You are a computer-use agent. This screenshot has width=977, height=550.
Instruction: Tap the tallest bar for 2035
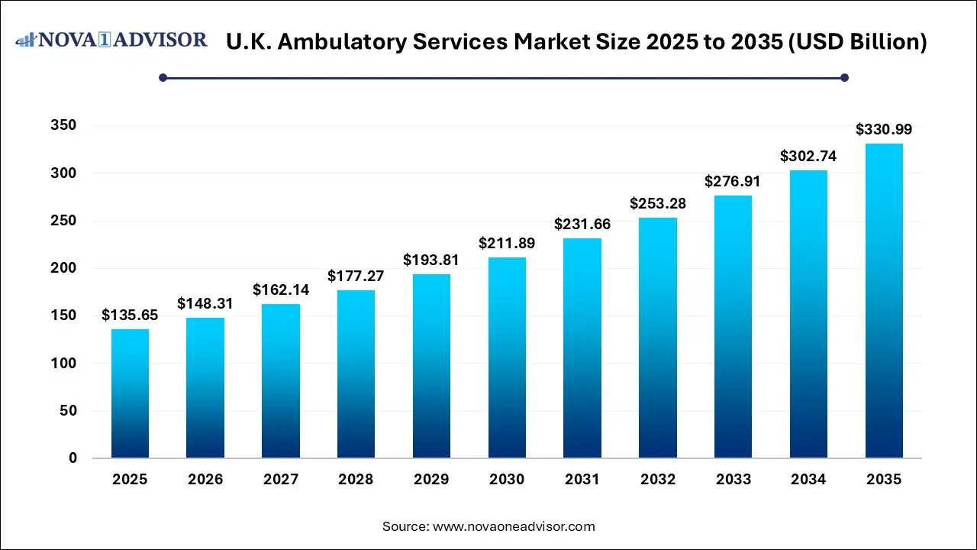[x=884, y=301]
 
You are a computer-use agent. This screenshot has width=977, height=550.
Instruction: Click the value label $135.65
[x=130, y=315]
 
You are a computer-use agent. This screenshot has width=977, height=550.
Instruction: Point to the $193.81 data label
[x=431, y=260]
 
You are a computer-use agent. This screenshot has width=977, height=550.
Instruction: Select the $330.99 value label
[x=884, y=130]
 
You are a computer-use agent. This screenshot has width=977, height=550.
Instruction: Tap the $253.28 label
[x=658, y=204]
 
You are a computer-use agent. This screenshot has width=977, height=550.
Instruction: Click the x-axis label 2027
[x=281, y=480]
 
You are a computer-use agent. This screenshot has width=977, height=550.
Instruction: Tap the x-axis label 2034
[x=808, y=480]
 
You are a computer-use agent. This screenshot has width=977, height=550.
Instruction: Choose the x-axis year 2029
[x=431, y=480]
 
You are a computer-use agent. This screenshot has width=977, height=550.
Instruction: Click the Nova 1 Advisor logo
[x=112, y=40]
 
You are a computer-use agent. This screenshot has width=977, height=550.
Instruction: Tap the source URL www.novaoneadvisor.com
[x=513, y=526]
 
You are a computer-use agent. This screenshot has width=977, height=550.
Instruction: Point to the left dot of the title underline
[x=163, y=77]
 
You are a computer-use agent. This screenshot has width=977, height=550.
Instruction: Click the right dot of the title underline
[x=844, y=77]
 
